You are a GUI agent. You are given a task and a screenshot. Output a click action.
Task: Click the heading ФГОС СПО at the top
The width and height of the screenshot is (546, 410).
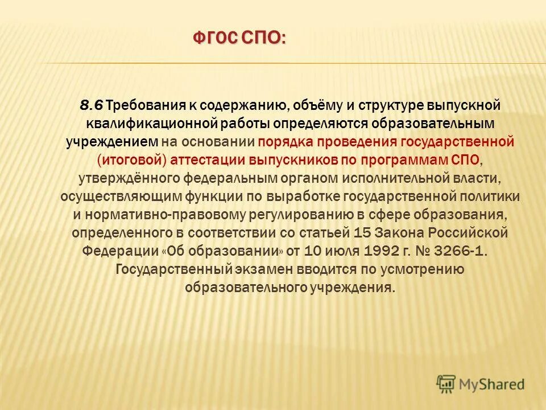pyautogui.click(x=239, y=38)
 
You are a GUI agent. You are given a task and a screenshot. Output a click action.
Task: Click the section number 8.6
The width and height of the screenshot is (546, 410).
pyautogui.click(x=91, y=105)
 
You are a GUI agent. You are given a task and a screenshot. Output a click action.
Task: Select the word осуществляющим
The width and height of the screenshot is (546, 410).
pyautogui.click(x=121, y=196)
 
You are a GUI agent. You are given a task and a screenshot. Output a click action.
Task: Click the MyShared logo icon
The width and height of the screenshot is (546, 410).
pyautogui.click(x=445, y=383)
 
